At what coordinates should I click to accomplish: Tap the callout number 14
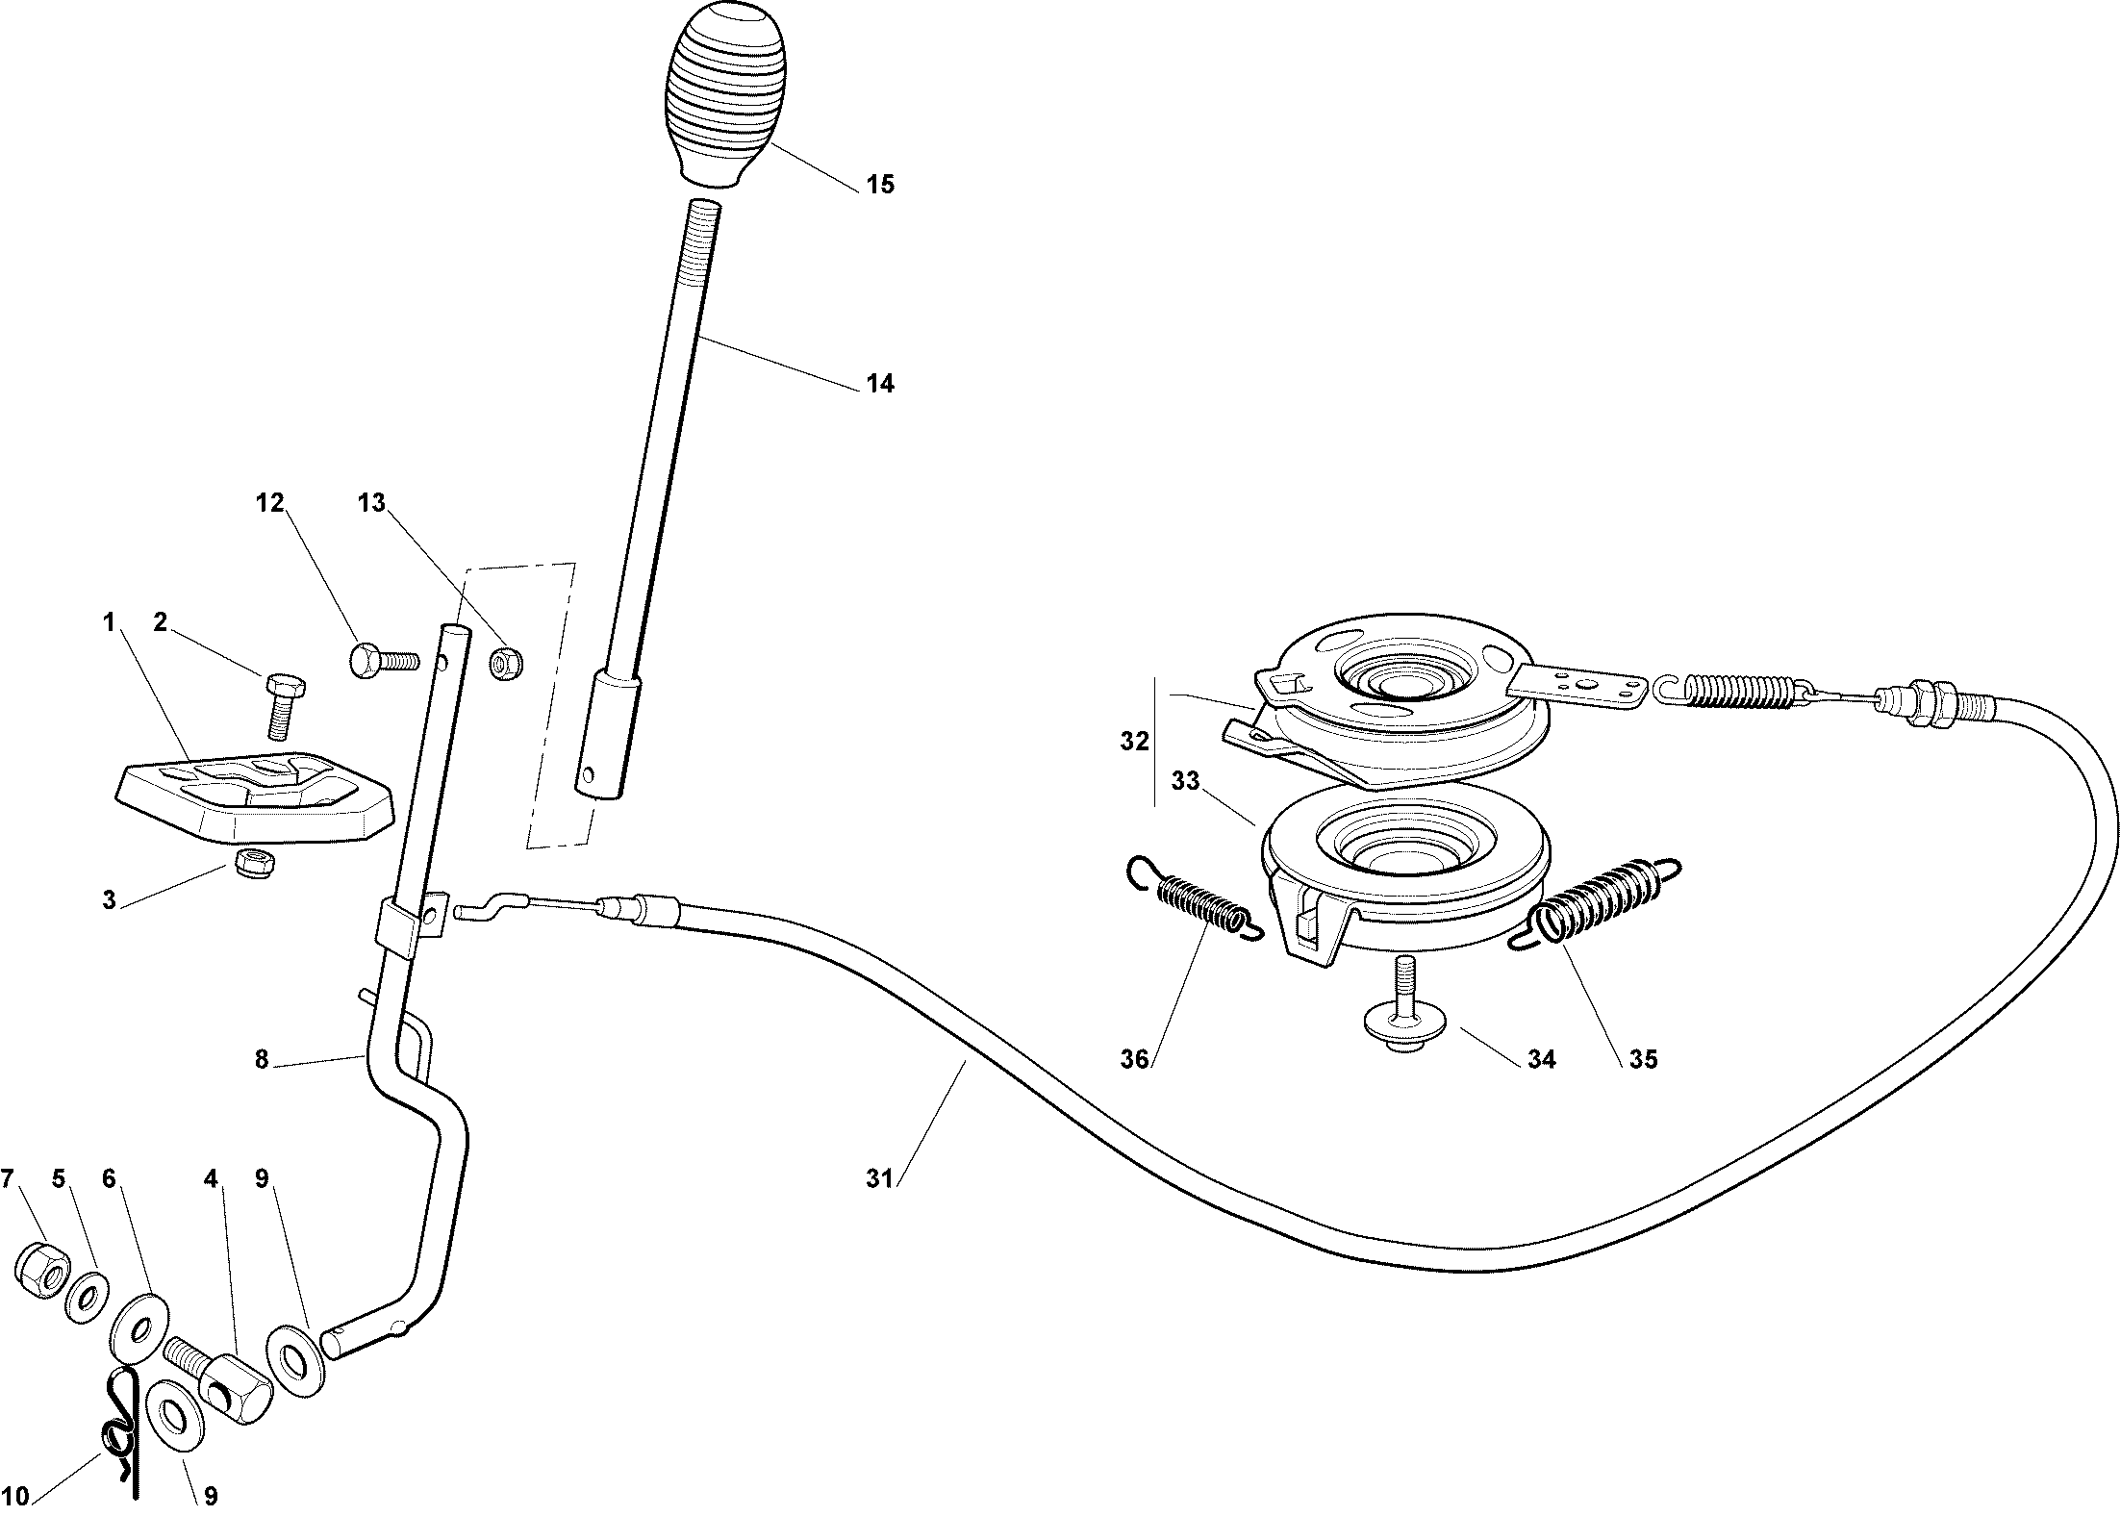880,384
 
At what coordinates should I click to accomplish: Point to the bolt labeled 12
382,662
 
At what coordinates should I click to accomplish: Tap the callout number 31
879,1178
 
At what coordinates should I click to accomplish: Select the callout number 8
262,1060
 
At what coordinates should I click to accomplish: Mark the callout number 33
1186,781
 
